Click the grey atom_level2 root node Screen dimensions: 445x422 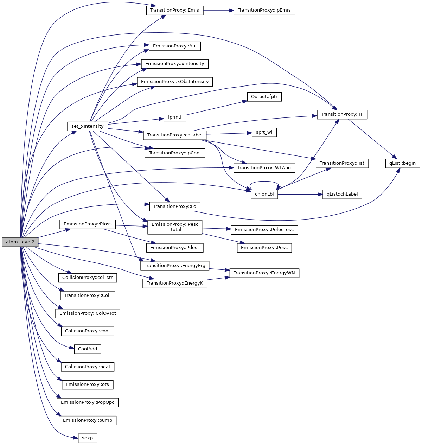click(x=20, y=242)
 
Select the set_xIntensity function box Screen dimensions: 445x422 click(x=87, y=126)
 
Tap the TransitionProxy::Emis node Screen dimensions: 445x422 click(x=174, y=10)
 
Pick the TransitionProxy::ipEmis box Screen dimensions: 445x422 click(x=264, y=10)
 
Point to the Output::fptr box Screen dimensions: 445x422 click(x=264, y=97)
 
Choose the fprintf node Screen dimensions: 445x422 click(x=175, y=117)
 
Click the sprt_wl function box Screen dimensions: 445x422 click(x=264, y=133)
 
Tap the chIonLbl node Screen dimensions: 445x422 click(x=264, y=194)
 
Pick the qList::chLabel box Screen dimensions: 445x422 click(x=342, y=194)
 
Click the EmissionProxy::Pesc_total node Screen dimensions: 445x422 click(x=175, y=227)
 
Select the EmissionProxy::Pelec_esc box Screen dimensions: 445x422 click(x=264, y=230)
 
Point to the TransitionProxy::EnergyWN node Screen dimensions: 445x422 click(x=264, y=273)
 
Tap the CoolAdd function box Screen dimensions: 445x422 click(x=88, y=349)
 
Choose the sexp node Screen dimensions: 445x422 click(x=87, y=438)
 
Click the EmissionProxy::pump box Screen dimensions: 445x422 click(x=88, y=420)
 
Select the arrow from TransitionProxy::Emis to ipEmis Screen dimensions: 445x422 click(x=218, y=10)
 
